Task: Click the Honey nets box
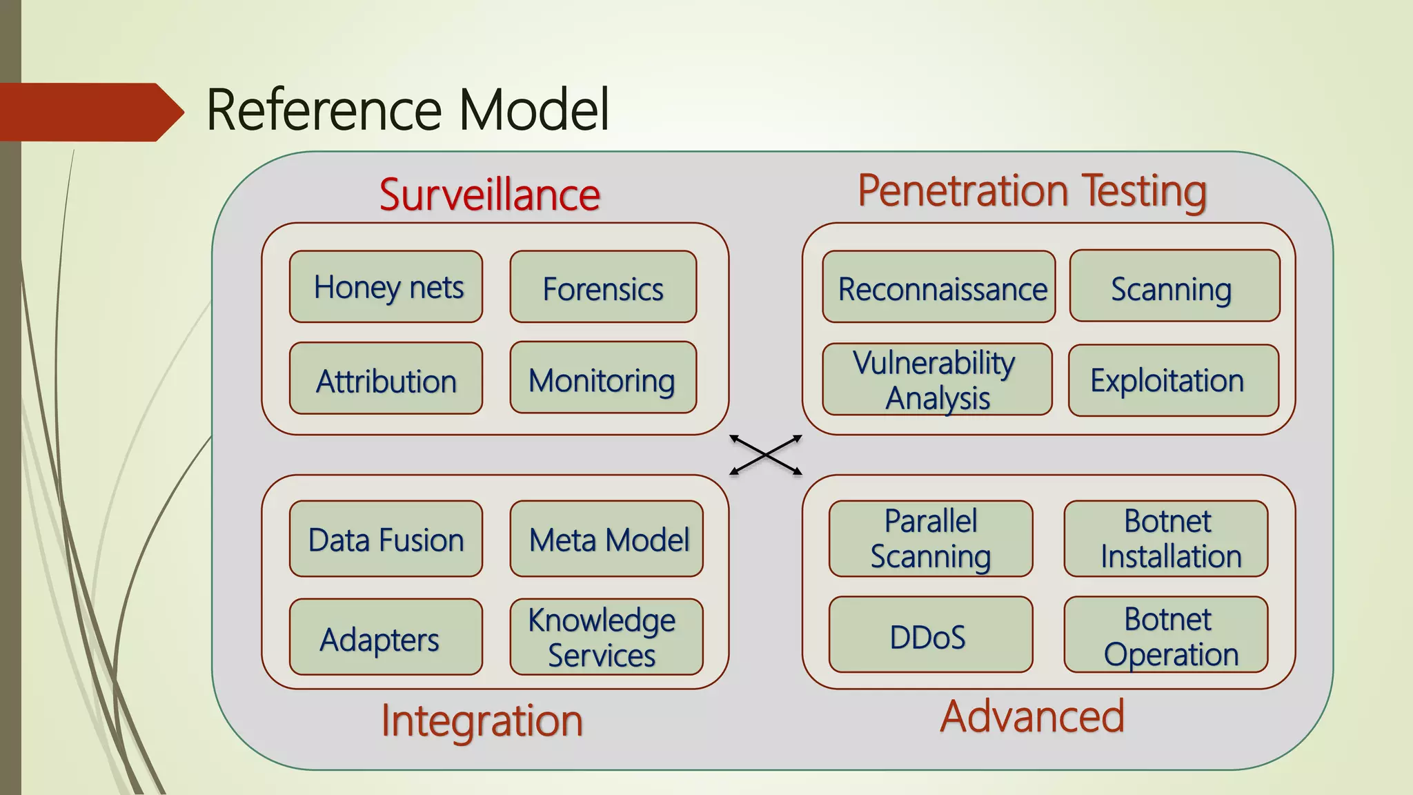tap(386, 286)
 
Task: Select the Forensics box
tap(603, 287)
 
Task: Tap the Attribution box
tap(386, 379)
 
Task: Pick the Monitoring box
tap(603, 378)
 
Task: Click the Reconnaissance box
tap(938, 287)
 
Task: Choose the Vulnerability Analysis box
tap(937, 380)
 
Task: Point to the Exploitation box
tap(1173, 380)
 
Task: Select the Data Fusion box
tap(386, 539)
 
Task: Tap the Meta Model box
tap(606, 539)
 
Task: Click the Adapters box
tap(386, 637)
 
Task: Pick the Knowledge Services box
tap(606, 637)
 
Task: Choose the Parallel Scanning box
tap(931, 539)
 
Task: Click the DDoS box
tap(931, 635)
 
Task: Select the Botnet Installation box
tap(1166, 539)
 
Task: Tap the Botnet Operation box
tap(1166, 635)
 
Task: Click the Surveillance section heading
tap(489, 195)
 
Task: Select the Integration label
tap(482, 720)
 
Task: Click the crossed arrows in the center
tap(766, 455)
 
